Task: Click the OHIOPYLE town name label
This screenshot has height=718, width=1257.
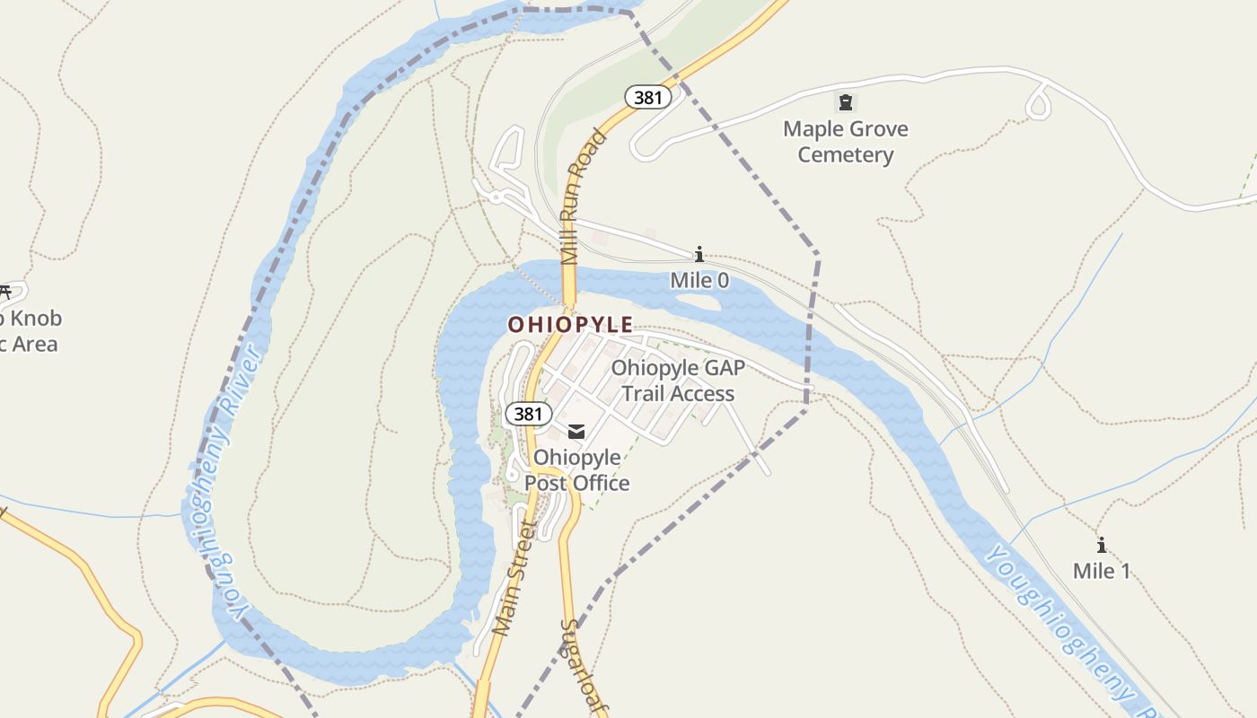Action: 570,324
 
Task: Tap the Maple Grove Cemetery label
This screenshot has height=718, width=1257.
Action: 845,142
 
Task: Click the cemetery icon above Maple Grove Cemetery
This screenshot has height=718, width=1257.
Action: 845,101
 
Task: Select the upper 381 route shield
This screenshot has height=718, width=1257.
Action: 647,97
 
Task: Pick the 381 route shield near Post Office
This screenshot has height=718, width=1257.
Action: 528,413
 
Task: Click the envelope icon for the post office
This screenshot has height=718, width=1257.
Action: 576,433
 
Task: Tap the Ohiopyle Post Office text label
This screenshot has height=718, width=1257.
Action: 576,470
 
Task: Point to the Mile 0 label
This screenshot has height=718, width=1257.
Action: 699,280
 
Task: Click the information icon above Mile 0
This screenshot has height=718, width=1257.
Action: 699,255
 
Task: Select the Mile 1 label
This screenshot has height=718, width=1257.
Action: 1101,571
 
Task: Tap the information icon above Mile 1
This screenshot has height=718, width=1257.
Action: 1101,545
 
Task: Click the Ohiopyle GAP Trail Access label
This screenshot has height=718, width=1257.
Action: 678,381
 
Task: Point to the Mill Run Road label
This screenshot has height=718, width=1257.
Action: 583,197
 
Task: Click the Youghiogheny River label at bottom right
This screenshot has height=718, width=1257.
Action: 1068,628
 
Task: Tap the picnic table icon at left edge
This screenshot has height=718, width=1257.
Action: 4,292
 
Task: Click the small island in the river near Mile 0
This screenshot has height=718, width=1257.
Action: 700,302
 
